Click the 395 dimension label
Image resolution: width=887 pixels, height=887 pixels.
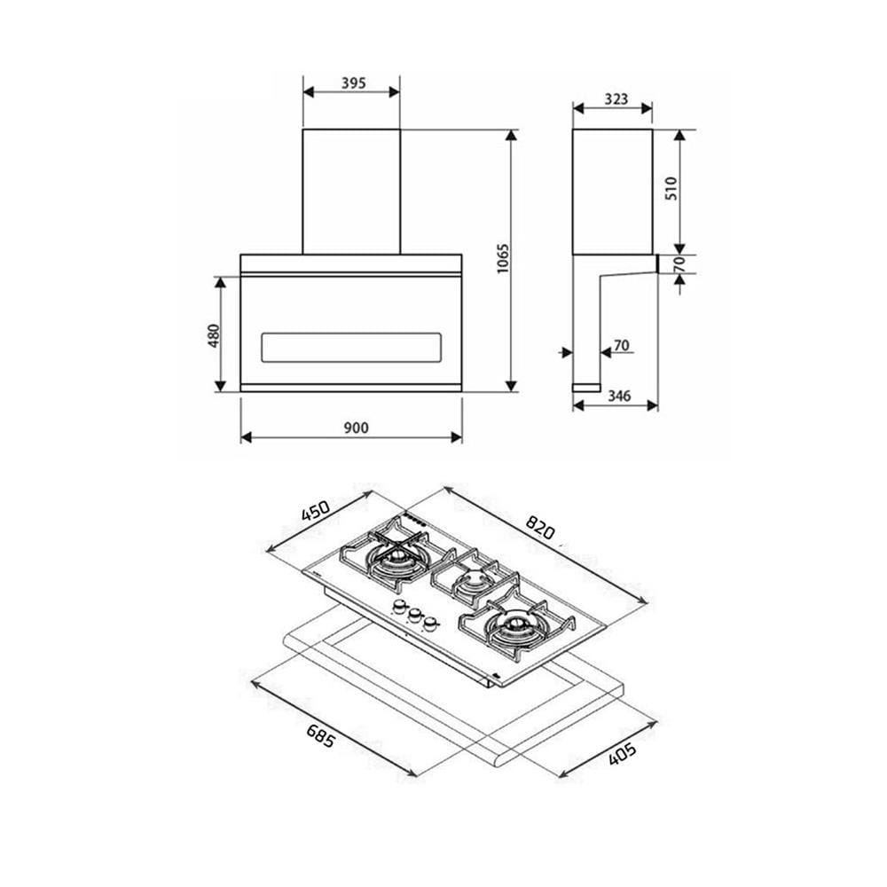tap(354, 83)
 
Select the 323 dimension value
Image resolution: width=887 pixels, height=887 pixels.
tap(616, 99)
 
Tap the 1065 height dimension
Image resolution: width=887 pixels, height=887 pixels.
tap(503, 259)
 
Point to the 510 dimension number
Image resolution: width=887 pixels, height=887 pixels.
tap(671, 188)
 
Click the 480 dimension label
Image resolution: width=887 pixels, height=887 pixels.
tap(213, 335)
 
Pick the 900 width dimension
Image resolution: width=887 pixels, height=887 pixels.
tap(356, 428)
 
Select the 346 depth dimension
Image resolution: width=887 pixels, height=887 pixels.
tap(619, 396)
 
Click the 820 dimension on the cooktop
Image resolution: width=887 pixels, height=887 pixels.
tap(540, 527)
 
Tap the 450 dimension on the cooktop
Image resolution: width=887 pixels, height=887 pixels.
tap(316, 511)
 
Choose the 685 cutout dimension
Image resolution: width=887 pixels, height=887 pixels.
tap(321, 735)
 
